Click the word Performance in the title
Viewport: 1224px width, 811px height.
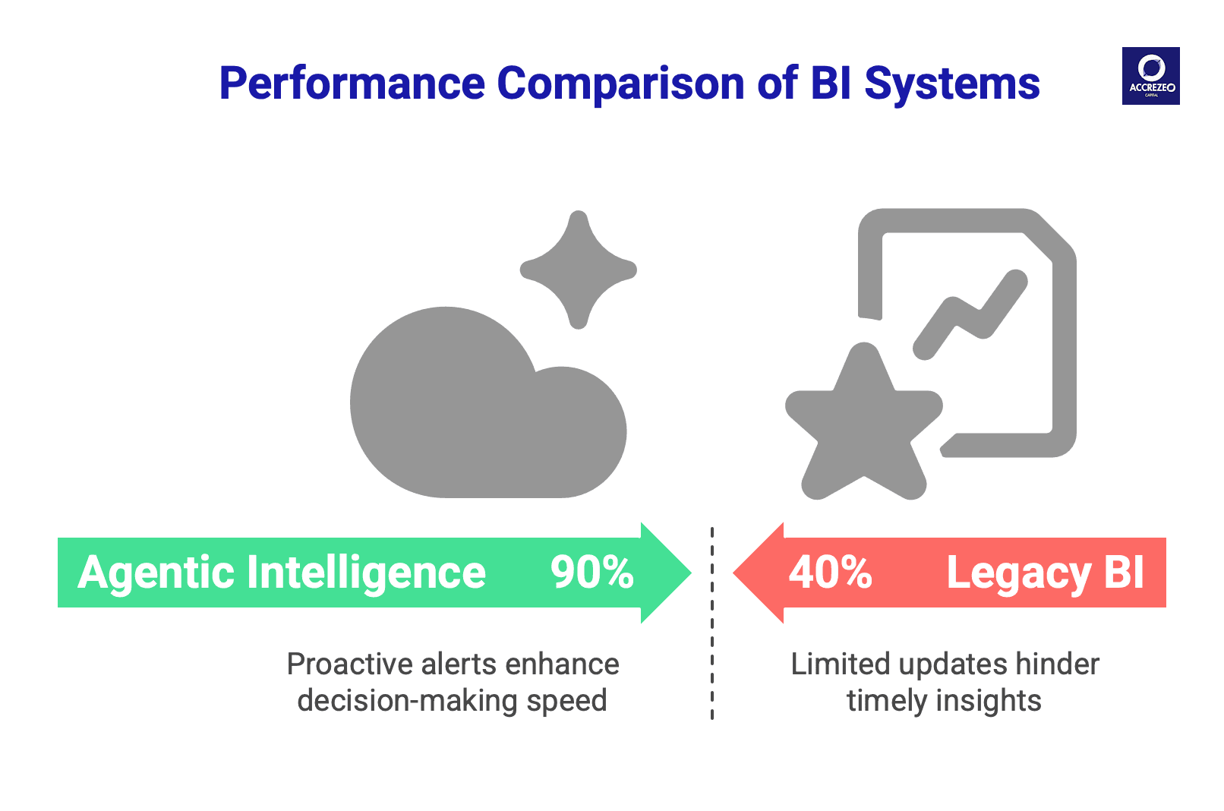[x=352, y=84]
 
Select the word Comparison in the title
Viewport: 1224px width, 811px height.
[x=620, y=84]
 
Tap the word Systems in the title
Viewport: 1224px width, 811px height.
[x=952, y=84]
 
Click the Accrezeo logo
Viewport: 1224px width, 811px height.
[x=1150, y=76]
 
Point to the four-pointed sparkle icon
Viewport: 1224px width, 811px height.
[x=579, y=270]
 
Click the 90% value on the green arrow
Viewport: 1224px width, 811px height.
[x=591, y=573]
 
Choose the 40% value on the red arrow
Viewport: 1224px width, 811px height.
[x=830, y=573]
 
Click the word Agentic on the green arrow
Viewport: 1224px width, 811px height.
[x=156, y=573]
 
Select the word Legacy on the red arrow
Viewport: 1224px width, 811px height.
[x=1018, y=573]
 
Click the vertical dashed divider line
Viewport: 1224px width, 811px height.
[x=712, y=623]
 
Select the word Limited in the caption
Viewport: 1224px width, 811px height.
[x=840, y=664]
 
